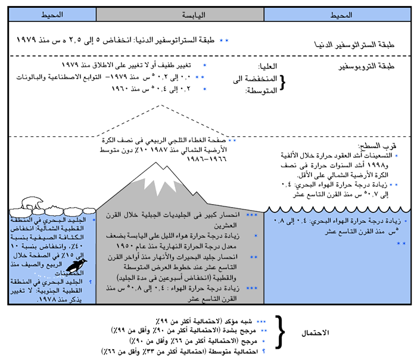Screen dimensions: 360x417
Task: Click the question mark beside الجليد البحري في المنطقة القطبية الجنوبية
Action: (91, 283)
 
